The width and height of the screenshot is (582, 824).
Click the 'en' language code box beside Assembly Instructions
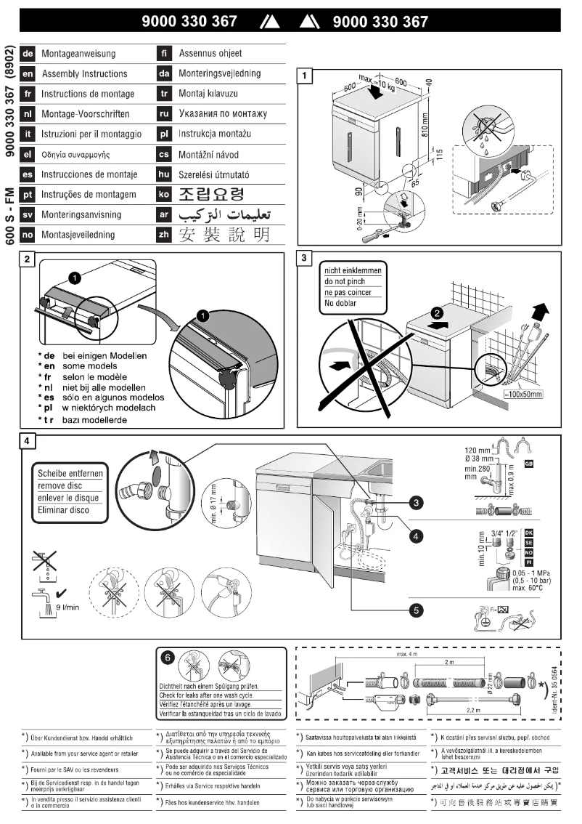pos(28,74)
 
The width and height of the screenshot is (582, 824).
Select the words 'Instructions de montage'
pos(87,94)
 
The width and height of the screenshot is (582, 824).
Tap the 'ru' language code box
pos(164,114)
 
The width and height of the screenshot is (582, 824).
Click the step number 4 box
pos(28,442)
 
